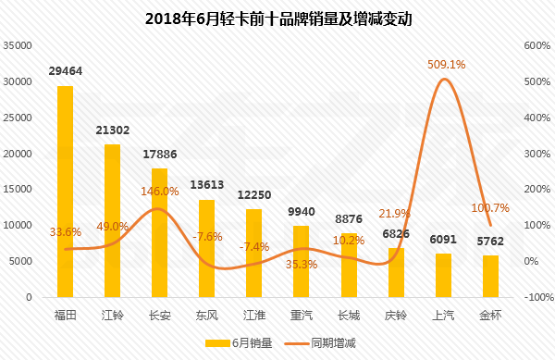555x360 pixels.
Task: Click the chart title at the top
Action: (278, 19)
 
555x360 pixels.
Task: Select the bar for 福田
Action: (65, 192)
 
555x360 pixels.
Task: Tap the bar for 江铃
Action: (113, 221)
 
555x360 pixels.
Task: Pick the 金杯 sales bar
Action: (490, 277)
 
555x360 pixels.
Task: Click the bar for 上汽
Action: (443, 276)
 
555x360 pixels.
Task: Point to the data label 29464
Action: (66, 71)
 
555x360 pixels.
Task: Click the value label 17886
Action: (160, 155)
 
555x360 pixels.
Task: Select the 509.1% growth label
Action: (447, 65)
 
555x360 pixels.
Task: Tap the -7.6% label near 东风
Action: (207, 237)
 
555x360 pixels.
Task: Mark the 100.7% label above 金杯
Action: (490, 208)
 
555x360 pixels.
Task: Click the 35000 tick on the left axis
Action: (18, 45)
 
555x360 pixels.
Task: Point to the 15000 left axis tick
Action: (18, 189)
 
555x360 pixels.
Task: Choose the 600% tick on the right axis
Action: (537, 45)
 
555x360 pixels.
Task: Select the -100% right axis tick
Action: (539, 297)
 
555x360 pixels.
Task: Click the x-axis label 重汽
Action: (302, 315)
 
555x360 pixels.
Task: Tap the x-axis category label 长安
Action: (160, 315)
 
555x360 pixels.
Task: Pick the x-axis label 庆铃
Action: (396, 315)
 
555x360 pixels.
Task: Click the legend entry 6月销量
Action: (239, 343)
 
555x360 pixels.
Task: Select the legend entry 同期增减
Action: (320, 343)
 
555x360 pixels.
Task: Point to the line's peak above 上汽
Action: (444, 79)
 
